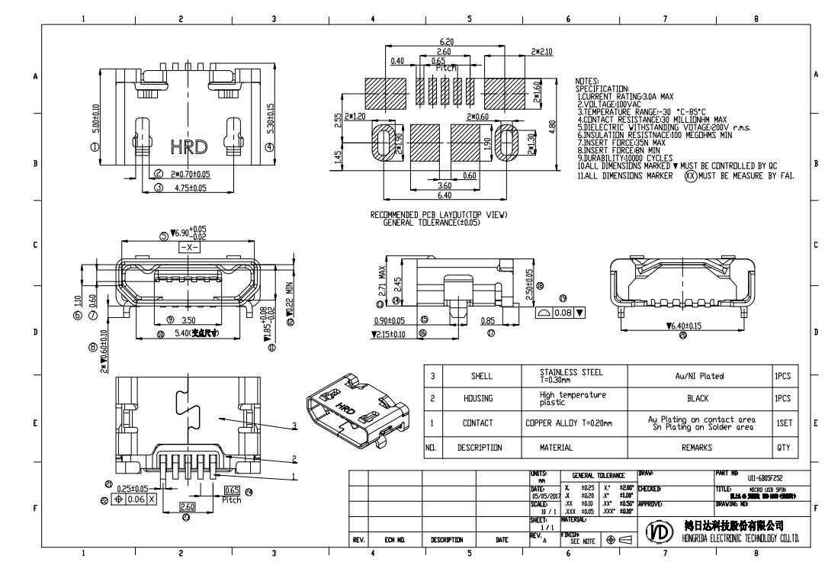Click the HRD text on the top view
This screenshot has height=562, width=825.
(188, 146)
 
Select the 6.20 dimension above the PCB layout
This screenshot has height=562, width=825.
(447, 42)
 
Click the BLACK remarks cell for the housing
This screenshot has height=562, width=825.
(698, 398)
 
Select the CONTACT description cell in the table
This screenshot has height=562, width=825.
(478, 422)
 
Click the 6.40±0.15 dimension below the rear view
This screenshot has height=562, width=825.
(683, 326)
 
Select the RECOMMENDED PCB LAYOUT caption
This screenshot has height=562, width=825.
(438, 216)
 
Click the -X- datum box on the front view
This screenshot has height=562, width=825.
(189, 249)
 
